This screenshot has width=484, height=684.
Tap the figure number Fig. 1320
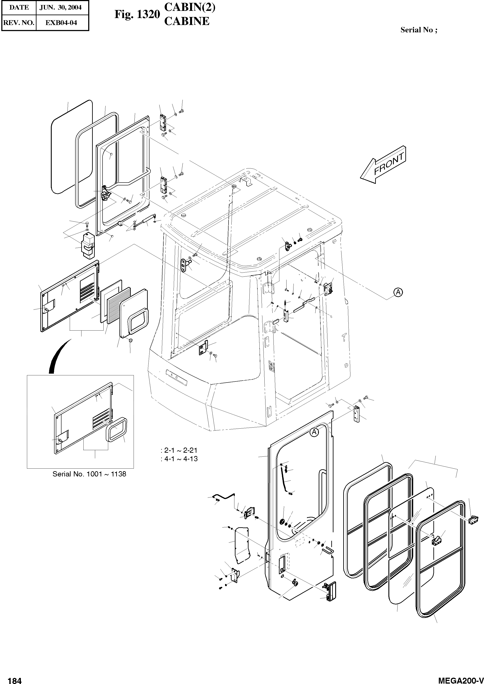click(137, 14)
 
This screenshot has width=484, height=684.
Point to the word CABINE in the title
click(187, 21)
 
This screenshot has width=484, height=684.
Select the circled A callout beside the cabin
click(398, 292)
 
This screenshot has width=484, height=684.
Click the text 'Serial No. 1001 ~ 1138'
click(89, 474)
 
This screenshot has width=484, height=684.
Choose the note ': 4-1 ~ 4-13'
click(179, 459)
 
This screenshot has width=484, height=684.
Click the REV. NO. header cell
click(18, 23)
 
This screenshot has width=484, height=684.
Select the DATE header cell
click(19, 7)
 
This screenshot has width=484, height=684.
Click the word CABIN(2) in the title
click(190, 7)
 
